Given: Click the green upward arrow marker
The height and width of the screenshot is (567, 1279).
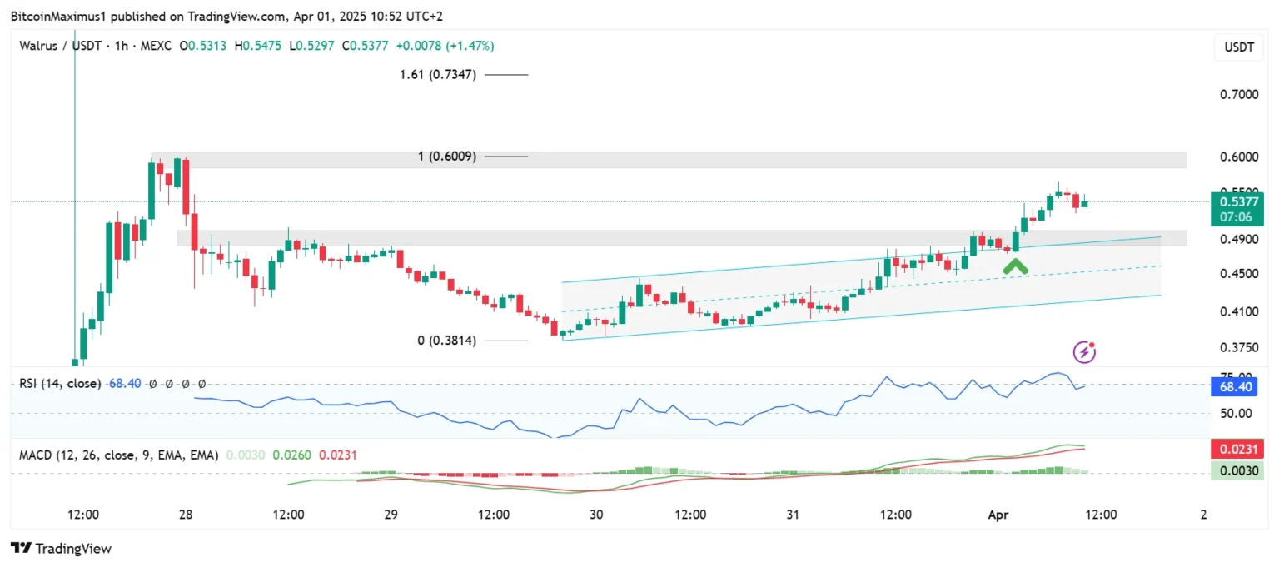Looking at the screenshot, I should coord(1015,267).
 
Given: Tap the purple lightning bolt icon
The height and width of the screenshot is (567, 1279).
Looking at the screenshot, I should coord(1083,352).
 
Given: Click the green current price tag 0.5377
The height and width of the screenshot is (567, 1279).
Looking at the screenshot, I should coord(1240,201).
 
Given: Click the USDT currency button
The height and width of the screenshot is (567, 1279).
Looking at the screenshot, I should coord(1238,47).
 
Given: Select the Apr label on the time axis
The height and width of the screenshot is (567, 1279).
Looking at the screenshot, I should coord(998,515).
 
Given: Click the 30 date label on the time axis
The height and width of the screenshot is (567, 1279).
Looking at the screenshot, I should coord(596,515).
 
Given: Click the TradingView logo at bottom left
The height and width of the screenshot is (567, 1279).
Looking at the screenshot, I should coord(61,549).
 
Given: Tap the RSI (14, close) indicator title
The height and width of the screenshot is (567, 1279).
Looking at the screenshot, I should coord(61,384).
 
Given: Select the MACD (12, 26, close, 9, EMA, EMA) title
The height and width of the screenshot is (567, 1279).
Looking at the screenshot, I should coord(119,455).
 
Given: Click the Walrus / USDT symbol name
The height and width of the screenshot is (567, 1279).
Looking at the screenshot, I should coord(55,46).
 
